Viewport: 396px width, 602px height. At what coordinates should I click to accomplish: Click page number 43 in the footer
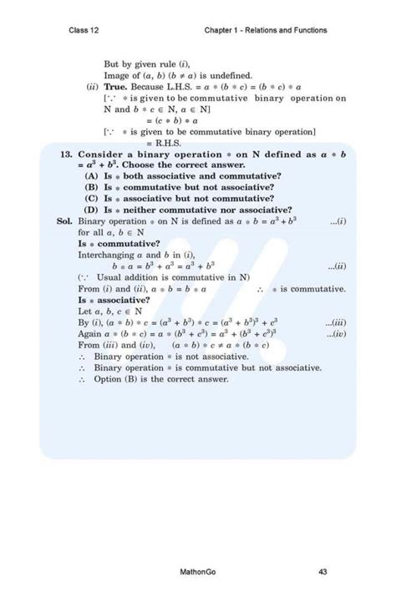tap(322, 572)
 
